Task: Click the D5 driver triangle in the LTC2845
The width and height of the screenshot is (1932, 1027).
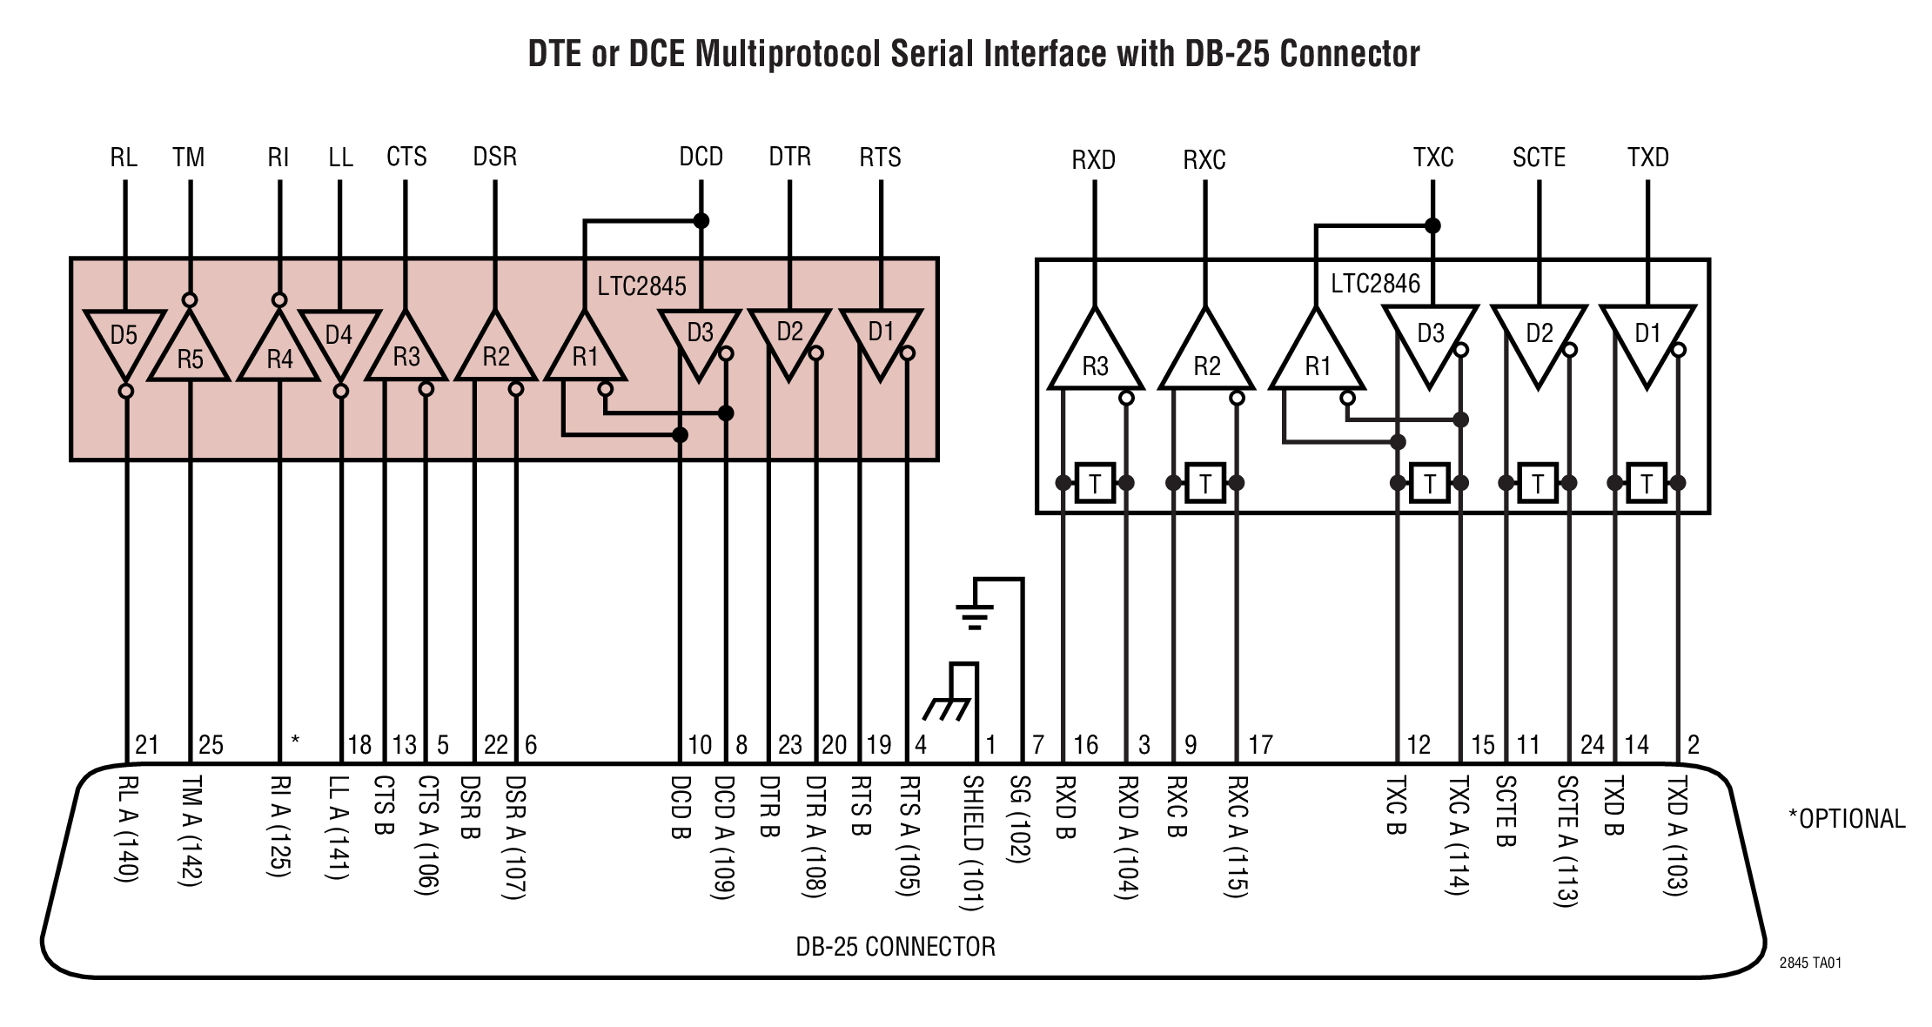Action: coord(124,339)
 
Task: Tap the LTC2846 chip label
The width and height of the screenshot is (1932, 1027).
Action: coord(1375,284)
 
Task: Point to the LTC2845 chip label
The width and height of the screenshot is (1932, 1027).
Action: coord(641,285)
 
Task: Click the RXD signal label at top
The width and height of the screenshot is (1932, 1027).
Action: coord(1093,160)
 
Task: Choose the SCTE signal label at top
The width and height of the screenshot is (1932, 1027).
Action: coord(1539,158)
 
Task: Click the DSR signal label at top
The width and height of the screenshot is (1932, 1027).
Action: coord(494,157)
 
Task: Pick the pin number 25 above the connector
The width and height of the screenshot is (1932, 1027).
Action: coord(211,745)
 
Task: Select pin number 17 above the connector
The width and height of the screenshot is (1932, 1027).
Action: coord(1260,745)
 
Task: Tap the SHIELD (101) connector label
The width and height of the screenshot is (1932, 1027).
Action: coord(972,842)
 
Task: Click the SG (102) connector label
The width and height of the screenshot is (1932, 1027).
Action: coord(1019,819)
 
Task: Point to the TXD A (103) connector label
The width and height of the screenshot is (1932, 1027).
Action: coord(1676,836)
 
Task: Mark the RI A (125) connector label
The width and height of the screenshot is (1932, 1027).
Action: coord(279,826)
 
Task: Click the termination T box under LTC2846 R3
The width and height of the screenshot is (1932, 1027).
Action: coord(1095,483)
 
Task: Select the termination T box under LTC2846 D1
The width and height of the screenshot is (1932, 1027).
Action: coord(1647,483)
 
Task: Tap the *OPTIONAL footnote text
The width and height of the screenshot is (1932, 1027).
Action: coord(1847,819)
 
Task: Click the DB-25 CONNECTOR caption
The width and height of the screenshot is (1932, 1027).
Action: coord(896,947)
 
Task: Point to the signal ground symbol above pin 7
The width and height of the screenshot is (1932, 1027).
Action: coord(975,614)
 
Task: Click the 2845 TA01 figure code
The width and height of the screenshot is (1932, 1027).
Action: coord(1810,963)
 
